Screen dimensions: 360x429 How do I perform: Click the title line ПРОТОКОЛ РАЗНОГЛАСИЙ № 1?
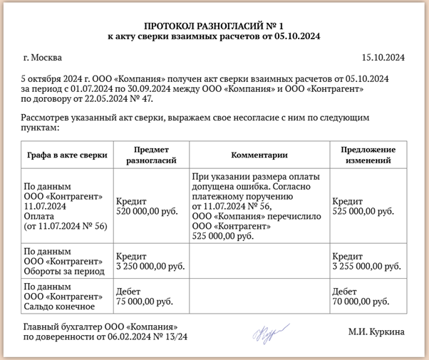214,24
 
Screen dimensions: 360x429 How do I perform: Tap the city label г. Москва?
43,57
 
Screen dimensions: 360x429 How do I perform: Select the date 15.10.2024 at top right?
383,57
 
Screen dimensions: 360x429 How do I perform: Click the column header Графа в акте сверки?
66,154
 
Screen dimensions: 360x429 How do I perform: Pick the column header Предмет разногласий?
150,154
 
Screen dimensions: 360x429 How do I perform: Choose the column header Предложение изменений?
368,154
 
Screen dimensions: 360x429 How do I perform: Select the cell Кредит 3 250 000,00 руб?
150,261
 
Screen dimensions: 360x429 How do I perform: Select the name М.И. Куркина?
376,331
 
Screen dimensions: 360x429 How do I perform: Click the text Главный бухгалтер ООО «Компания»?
100,327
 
